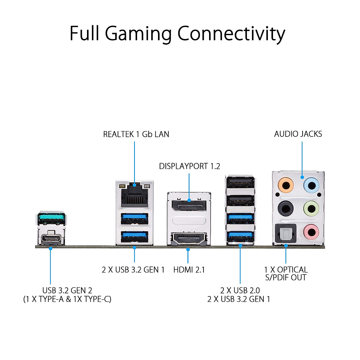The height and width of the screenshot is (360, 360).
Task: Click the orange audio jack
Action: tap(286, 185)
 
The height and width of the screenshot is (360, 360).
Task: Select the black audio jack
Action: tap(286, 208)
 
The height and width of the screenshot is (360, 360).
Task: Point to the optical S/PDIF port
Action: tap(286, 233)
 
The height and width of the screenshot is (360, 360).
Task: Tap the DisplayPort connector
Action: tap(189, 206)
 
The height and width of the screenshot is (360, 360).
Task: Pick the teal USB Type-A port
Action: tap(51, 217)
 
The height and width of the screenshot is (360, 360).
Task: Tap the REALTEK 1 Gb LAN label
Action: tap(136, 134)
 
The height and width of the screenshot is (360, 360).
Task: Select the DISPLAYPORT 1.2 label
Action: tap(190, 166)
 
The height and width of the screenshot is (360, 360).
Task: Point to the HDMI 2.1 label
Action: tap(189, 270)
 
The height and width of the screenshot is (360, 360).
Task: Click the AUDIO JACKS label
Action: tap(298, 134)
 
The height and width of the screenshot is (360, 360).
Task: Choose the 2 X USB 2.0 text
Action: tap(240, 290)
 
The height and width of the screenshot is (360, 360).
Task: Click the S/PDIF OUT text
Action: tap(286, 277)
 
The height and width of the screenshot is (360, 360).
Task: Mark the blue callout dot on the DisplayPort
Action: tap(189, 200)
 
